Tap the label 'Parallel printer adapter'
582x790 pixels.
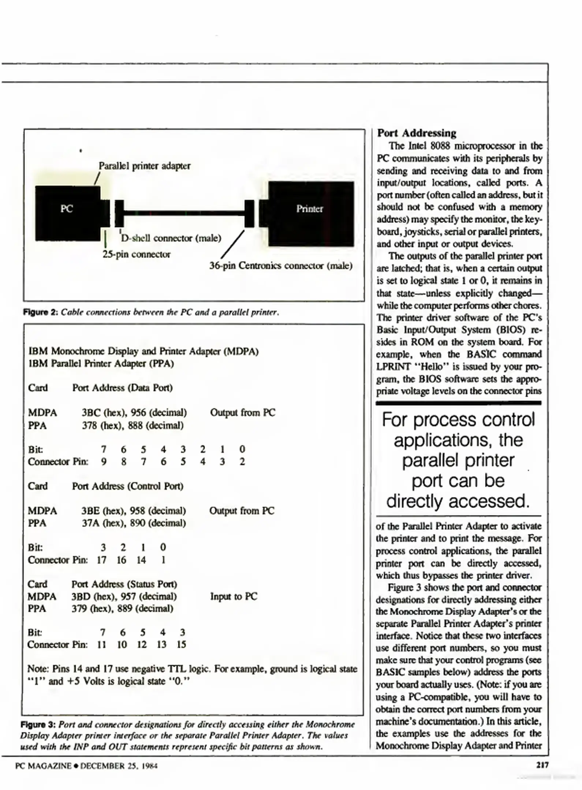click(x=145, y=166)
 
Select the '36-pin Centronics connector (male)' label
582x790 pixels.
click(x=280, y=266)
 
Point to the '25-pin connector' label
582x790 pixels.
click(x=136, y=254)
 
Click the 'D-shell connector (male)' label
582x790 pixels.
click(x=171, y=238)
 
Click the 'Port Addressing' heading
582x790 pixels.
click(x=417, y=133)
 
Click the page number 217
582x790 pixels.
click(x=542, y=765)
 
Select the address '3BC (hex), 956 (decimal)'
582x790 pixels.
click(x=134, y=413)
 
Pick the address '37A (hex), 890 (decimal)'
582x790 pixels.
click(x=134, y=523)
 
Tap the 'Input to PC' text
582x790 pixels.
click(x=234, y=597)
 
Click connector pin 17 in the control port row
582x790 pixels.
click(x=101, y=560)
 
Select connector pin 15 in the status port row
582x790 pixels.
click(x=182, y=644)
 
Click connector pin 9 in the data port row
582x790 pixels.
click(x=104, y=462)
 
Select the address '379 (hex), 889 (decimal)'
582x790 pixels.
click(x=122, y=609)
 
